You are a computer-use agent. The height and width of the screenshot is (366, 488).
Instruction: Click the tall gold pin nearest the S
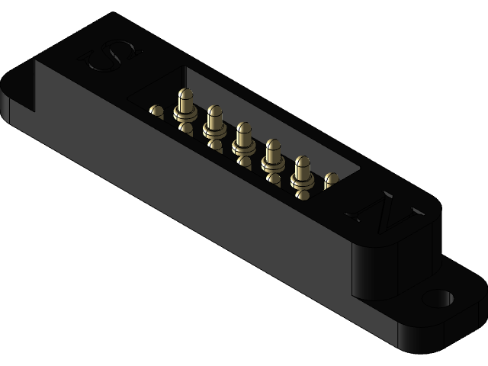tap(185, 103)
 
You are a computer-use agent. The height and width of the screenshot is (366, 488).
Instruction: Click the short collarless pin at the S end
tap(156, 111)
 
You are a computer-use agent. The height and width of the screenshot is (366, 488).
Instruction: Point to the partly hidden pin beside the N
tap(331, 181)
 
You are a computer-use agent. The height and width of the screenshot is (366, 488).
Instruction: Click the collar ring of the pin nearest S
tap(184, 114)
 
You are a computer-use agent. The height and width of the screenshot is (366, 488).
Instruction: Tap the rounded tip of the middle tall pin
tap(244, 127)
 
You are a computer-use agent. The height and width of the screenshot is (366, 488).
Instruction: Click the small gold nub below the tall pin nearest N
tap(303, 195)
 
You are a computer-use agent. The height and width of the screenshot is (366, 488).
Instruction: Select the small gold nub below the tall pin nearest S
tap(185, 128)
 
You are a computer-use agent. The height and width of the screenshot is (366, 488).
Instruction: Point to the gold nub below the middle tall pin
tap(245, 161)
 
